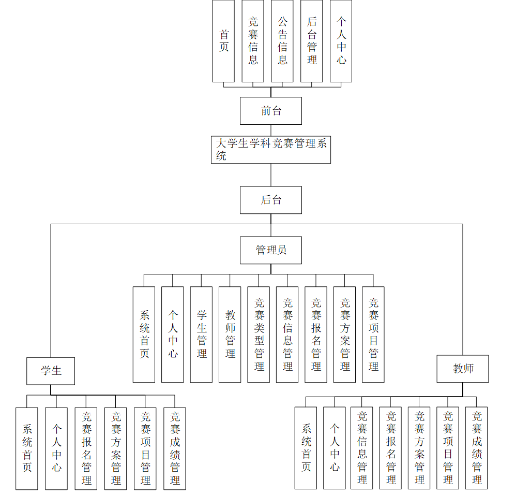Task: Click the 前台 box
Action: coord(270,111)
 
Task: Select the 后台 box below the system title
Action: coord(270,200)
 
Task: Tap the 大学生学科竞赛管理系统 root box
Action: coord(270,150)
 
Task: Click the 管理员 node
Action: coord(270,250)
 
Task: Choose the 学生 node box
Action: coord(51,371)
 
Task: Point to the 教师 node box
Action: coord(462,369)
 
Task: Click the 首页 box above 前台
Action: coord(223,41)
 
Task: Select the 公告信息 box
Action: coord(282,41)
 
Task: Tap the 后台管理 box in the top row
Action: coord(311,41)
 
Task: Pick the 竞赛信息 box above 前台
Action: coord(253,41)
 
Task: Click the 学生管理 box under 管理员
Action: coord(201,335)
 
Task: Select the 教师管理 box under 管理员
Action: coord(230,335)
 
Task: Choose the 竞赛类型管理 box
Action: coord(259,335)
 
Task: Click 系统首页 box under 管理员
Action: coord(144,335)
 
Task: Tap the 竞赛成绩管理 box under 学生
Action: coord(175,448)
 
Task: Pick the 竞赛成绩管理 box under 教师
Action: coord(476,448)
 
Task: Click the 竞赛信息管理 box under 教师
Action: coord(362,448)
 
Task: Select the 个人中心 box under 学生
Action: coord(56,448)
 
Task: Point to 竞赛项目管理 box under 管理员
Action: coord(373,335)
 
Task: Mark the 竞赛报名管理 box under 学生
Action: coord(86,448)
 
